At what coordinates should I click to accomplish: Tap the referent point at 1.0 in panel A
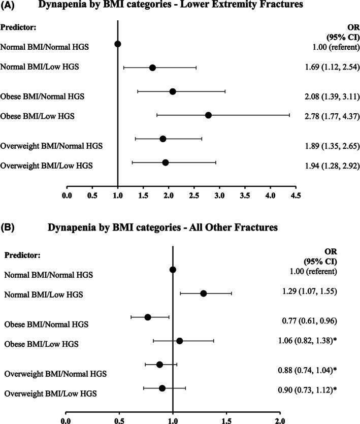pyautogui.click(x=118, y=44)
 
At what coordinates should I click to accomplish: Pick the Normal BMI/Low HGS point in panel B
pyautogui.click(x=204, y=293)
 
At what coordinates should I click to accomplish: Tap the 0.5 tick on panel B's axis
pyautogui.click(x=119, y=420)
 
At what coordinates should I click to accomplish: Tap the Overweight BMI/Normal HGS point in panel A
pyautogui.click(x=163, y=139)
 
